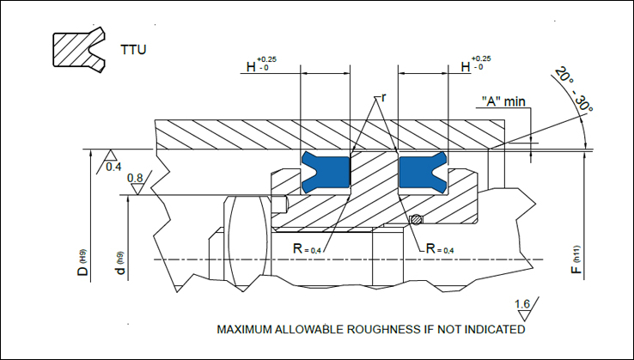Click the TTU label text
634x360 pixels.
(133, 50)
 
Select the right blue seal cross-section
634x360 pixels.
(422, 172)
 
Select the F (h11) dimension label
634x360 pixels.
(577, 260)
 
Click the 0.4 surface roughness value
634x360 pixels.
(113, 166)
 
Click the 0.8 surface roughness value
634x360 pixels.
(135, 179)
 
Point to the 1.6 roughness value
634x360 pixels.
(522, 305)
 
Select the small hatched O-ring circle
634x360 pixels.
(417, 219)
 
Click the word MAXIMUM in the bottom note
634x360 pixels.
(246, 329)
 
